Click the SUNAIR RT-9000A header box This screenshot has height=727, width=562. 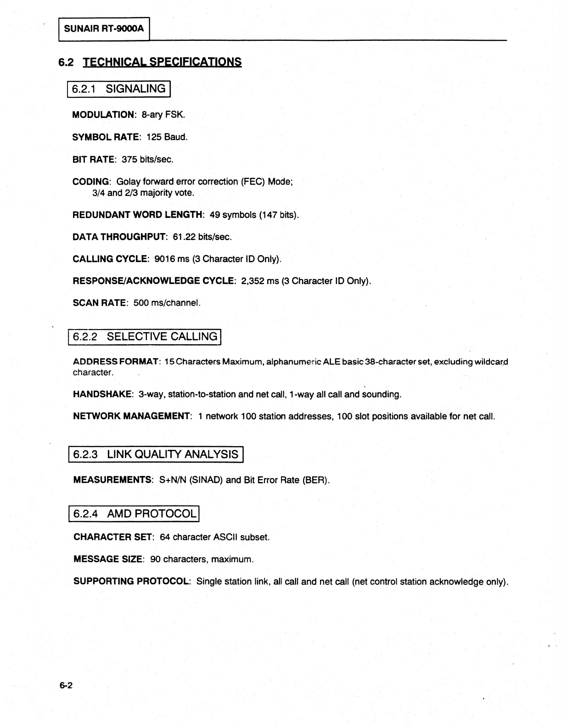click(x=104, y=29)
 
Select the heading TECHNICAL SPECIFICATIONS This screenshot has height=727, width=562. click(x=162, y=62)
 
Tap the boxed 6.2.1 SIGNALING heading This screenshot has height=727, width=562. click(x=119, y=89)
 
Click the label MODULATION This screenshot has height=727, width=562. click(x=104, y=115)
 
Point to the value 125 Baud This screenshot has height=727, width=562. click(x=167, y=137)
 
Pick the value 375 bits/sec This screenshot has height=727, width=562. click(x=147, y=159)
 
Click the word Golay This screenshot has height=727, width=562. click(x=129, y=181)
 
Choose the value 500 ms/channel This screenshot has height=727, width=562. click(x=167, y=303)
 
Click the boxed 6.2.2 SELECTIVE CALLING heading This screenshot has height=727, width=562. click(x=145, y=337)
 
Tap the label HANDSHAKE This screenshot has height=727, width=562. click(x=103, y=394)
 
